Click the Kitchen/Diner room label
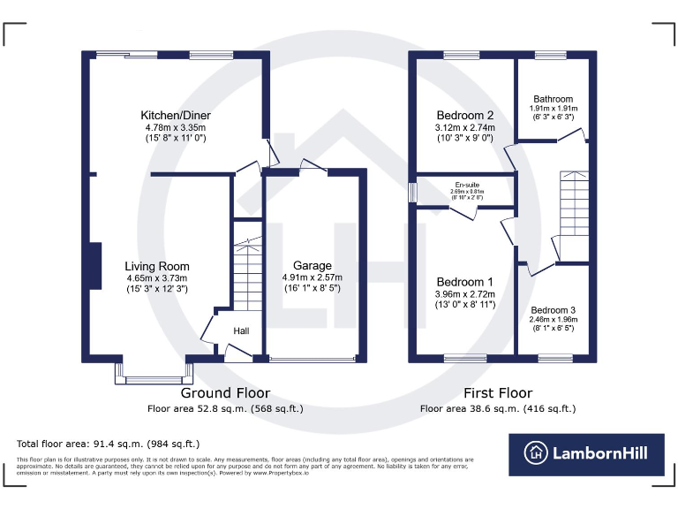pos(176,115)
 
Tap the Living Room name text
pos(156,266)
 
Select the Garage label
pos(313,265)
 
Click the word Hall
pos(241,330)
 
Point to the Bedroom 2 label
pos(465,115)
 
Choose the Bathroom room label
pos(553,99)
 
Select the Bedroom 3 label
pos(553,310)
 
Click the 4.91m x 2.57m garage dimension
pos(313,277)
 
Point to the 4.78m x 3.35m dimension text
pos(176,127)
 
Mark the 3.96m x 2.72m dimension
pos(465,294)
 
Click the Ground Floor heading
pos(225,392)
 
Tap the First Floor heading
pos(498,392)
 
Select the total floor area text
pos(108,444)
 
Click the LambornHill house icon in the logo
pos(535,453)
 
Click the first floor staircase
pos(573,203)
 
